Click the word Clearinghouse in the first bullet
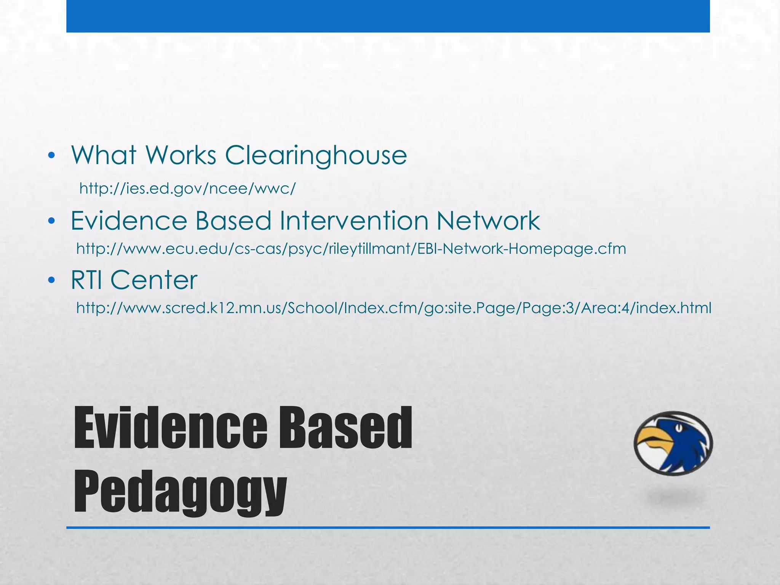pyautogui.click(x=316, y=155)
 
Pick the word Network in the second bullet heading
pyautogui.click(x=488, y=221)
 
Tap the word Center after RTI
pyautogui.click(x=154, y=280)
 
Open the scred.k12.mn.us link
pyautogui.click(x=393, y=308)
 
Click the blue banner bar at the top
pyautogui.click(x=388, y=16)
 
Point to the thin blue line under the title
pyautogui.click(x=388, y=527)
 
